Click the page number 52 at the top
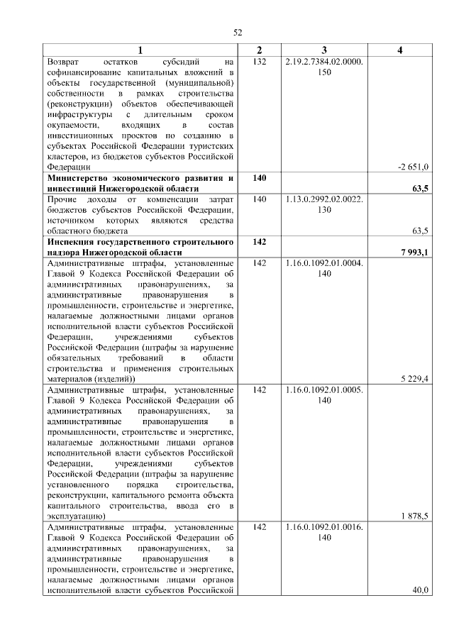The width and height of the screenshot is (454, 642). pyautogui.click(x=238, y=33)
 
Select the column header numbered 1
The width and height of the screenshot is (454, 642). pyautogui.click(x=140, y=50)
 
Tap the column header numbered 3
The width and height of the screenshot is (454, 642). pyautogui.click(x=323, y=50)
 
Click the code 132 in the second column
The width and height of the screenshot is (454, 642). pyautogui.click(x=259, y=62)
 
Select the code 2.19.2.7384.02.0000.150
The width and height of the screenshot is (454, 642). pyautogui.click(x=323, y=67)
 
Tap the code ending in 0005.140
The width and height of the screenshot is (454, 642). pyautogui.click(x=323, y=395)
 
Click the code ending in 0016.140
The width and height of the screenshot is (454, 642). pyautogui.click(x=323, y=533)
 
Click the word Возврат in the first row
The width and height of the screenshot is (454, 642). pyautogui.click(x=65, y=62)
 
